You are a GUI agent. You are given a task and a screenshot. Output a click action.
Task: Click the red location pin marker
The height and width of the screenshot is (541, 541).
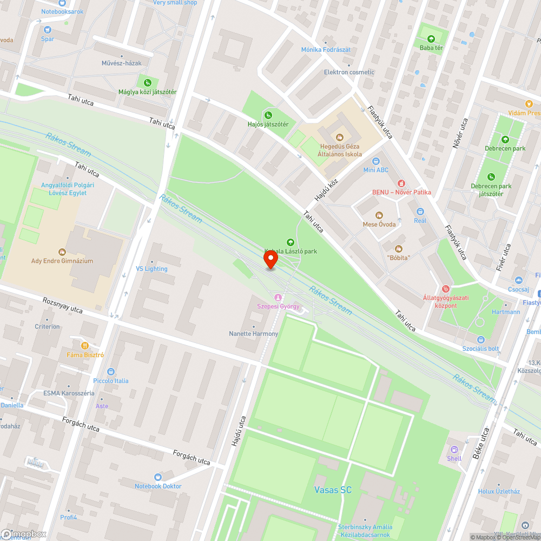tap(270, 260)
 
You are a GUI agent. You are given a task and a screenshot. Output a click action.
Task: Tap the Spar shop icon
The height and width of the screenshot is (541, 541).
tap(48, 29)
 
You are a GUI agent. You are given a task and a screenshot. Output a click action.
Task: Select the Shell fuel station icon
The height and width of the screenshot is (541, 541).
tap(454, 449)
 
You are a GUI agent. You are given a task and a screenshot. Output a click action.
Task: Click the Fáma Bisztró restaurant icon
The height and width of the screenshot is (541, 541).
tap(84, 346)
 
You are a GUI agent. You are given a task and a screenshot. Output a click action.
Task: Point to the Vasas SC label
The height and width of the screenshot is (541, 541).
tap(333, 490)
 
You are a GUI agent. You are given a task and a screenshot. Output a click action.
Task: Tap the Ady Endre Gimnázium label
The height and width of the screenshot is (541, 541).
tap(62, 261)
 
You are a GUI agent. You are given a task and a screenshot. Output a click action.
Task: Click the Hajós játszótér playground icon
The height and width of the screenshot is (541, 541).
tap(268, 115)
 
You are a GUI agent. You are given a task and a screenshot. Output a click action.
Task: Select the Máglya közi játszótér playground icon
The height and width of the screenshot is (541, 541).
tap(147, 82)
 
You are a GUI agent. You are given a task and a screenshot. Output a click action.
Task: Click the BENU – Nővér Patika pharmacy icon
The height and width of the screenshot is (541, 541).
tap(401, 183)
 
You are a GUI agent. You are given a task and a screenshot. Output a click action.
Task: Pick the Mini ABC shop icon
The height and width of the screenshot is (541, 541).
tap(376, 161)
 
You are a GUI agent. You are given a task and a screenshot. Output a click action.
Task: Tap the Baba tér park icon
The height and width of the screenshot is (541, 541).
tap(431, 39)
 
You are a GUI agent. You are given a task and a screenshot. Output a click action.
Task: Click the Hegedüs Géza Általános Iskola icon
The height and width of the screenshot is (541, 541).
tap(340, 137)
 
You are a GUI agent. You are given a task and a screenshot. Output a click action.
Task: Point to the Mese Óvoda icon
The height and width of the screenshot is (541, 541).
tap(379, 215)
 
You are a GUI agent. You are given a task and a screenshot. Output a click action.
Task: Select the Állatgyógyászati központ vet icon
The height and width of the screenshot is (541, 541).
tap(446, 289)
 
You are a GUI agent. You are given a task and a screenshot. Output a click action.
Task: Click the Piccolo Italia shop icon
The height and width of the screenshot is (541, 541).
tap(111, 372)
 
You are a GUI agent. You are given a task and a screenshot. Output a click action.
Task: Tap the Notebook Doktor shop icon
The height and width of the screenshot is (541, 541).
tap(157, 477)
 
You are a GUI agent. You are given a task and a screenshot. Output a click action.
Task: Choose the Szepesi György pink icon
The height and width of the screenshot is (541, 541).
tap(278, 297)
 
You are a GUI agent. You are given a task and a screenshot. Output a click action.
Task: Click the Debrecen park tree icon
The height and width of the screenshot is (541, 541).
tap(505, 140)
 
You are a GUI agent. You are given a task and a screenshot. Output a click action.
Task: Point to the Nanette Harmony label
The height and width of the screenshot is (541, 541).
tap(254, 334)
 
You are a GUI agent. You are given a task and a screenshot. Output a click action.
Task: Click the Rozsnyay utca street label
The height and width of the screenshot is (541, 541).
tap(63, 305)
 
